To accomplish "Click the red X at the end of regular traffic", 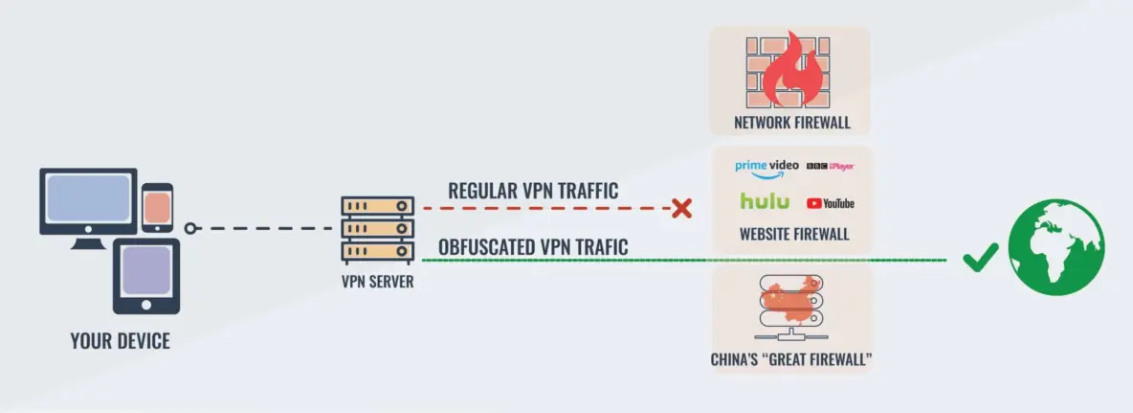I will (x=681, y=208).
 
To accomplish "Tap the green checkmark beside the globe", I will (x=980, y=258).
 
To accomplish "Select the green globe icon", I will (x=1055, y=246).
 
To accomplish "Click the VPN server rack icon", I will (x=377, y=231).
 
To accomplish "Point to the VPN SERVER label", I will (x=377, y=283).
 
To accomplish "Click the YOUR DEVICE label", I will (x=120, y=340).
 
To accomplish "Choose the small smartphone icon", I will (x=157, y=207).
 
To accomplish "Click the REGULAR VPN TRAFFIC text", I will (x=533, y=191).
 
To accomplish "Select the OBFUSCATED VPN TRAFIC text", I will (x=533, y=247).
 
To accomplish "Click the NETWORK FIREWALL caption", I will (x=791, y=123).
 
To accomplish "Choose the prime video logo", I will (x=766, y=167).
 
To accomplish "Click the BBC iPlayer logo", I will (x=830, y=166).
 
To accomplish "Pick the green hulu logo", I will (x=765, y=201).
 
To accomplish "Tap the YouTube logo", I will (x=830, y=203).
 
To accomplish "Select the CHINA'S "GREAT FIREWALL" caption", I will (x=790, y=361).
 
